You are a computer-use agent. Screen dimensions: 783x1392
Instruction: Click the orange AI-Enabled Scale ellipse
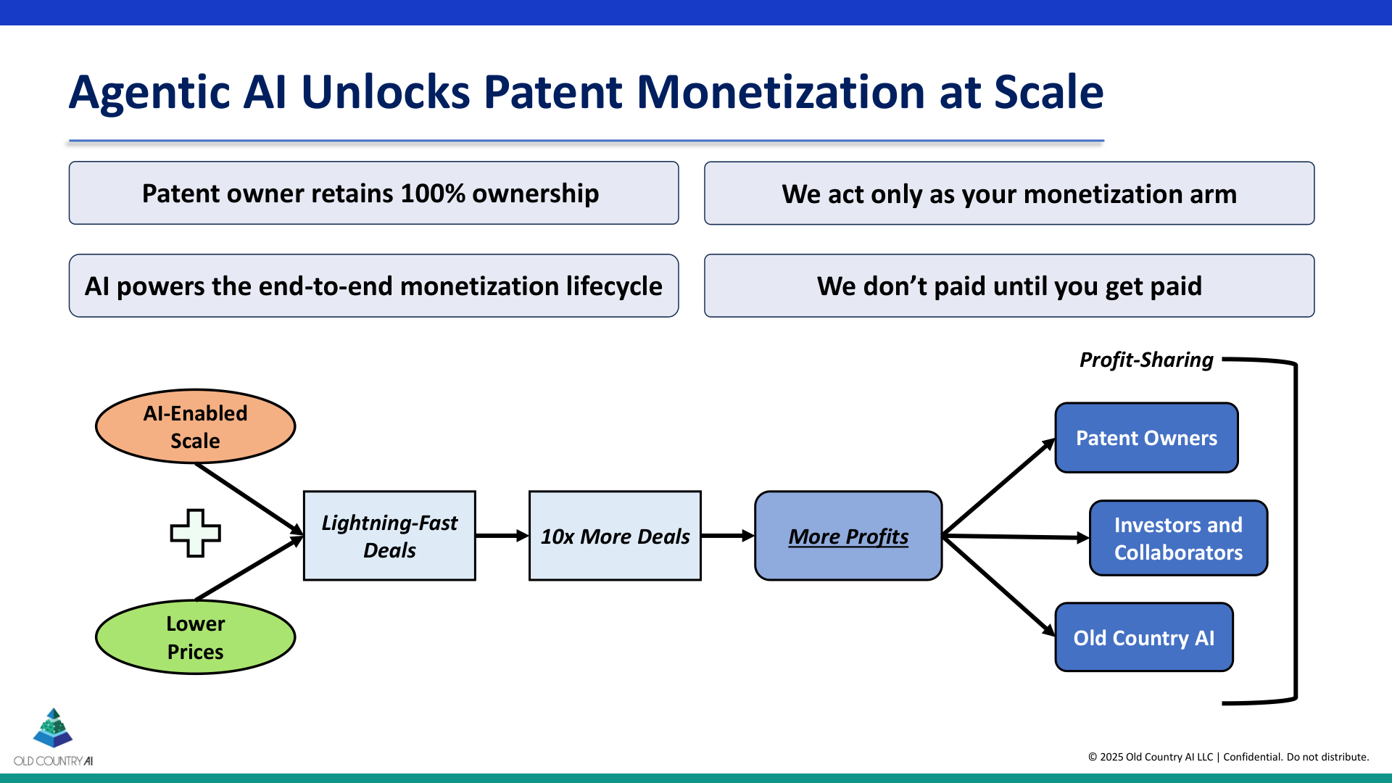pos(195,426)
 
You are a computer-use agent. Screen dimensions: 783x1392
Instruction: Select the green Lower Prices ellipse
pos(195,637)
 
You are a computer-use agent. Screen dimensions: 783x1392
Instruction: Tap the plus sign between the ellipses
pos(195,533)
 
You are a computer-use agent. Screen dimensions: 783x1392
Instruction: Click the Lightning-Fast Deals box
pos(389,536)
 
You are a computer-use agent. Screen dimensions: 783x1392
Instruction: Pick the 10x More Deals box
pos(615,536)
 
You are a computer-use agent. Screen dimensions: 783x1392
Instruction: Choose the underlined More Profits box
pos(848,536)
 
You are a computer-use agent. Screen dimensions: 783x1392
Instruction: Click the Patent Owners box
pos(1146,438)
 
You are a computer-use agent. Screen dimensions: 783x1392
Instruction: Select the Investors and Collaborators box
pos(1178,538)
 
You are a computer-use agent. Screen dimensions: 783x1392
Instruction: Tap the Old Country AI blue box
pos(1143,637)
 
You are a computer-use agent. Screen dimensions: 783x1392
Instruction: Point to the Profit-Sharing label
pos(1145,360)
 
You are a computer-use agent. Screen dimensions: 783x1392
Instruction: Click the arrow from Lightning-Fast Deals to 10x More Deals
pos(502,536)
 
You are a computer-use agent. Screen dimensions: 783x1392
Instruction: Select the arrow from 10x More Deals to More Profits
pos(727,536)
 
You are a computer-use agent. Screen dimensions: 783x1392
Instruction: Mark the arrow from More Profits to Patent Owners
pos(999,486)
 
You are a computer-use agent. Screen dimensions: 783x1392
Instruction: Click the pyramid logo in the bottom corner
pos(53,728)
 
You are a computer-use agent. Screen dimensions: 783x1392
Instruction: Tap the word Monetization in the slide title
pos(780,92)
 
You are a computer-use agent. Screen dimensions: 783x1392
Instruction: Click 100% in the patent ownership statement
pos(432,194)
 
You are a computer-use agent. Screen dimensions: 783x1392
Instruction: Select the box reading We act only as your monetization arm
pos(1008,194)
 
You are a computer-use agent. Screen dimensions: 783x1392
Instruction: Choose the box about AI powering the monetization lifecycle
pos(373,286)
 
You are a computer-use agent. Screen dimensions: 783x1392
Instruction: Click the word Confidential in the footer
pos(1252,757)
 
